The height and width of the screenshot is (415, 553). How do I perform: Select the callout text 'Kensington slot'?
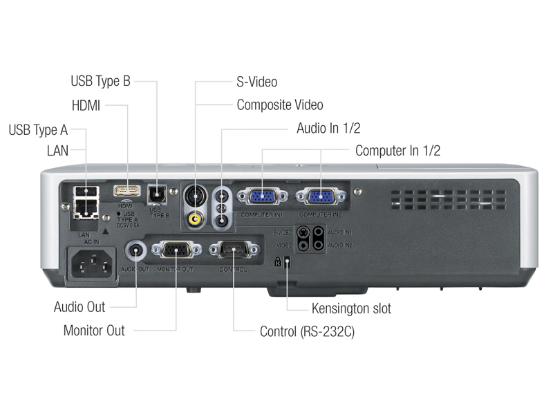coord(351,308)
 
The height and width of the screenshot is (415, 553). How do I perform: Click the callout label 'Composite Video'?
coord(279,105)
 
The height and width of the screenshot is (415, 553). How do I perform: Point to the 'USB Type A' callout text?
coord(38,130)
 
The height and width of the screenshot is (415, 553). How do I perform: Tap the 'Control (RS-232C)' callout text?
coord(307,331)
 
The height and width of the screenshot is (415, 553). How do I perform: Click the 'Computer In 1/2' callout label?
coord(397,150)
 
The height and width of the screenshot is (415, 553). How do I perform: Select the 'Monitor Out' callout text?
coord(94,330)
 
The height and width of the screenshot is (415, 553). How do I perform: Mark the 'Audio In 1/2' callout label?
coord(328,128)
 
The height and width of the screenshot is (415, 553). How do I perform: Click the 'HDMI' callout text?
coord(86,105)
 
